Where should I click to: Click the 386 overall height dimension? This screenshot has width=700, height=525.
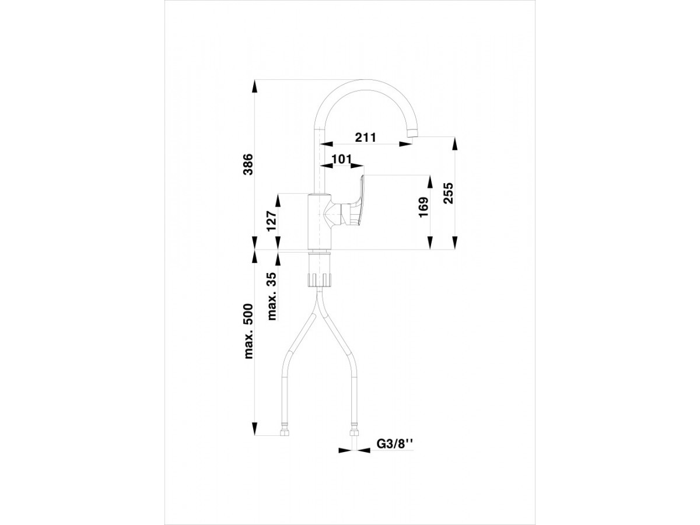(x=248, y=164)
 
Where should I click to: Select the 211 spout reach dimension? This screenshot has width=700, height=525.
(x=366, y=138)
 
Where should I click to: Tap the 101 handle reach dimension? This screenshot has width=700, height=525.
(x=342, y=159)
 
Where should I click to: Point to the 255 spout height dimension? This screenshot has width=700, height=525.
(x=448, y=193)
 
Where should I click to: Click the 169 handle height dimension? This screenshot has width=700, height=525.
(x=423, y=207)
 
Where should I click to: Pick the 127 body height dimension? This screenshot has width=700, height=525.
(x=272, y=221)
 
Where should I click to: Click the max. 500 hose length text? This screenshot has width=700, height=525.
(x=248, y=331)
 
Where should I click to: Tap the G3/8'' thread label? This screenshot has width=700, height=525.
(x=395, y=443)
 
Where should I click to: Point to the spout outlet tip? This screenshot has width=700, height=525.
(x=412, y=133)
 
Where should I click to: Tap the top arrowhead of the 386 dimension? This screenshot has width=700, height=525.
(x=254, y=86)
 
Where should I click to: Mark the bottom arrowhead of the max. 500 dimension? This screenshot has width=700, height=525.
(x=254, y=429)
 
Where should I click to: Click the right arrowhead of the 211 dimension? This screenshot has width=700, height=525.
(x=405, y=144)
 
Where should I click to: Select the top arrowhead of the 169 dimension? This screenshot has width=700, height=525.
(x=430, y=181)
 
